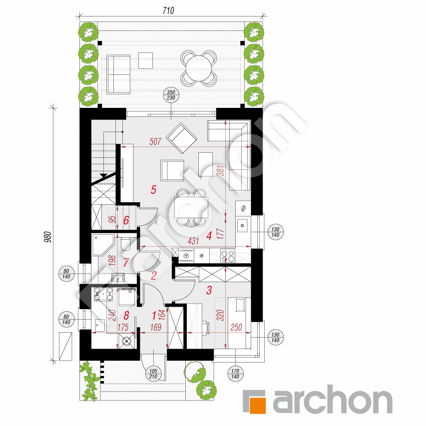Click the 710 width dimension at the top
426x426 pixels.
point(168,10)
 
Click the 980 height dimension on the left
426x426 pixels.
point(47,237)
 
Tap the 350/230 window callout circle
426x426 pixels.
point(171,95)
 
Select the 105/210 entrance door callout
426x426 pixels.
point(153,374)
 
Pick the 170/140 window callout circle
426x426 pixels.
point(235,374)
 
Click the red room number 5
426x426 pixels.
point(153,190)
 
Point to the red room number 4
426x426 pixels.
point(209,236)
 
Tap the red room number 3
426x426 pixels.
point(209,290)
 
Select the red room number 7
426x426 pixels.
point(126,263)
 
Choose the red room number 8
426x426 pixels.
point(126,316)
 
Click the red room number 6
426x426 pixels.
point(126,220)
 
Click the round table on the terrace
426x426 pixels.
point(199,67)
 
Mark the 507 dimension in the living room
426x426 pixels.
point(155,141)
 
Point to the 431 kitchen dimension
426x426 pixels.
point(193,241)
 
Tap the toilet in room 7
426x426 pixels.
point(125,244)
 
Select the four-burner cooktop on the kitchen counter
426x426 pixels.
point(228,256)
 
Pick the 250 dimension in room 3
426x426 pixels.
point(236,328)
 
